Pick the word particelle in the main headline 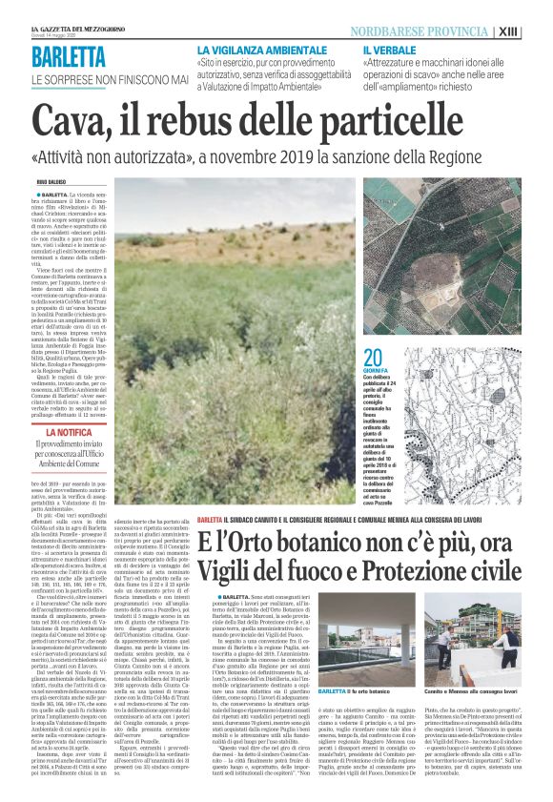tap(428, 120)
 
